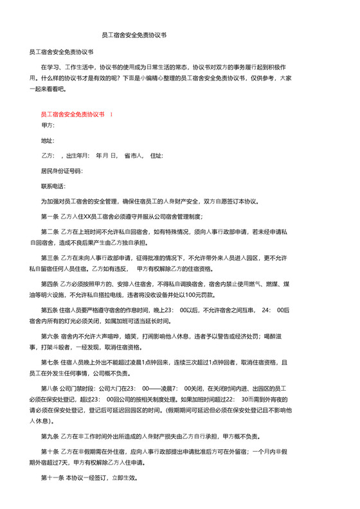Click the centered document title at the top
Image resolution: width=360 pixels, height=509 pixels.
pos(134,36)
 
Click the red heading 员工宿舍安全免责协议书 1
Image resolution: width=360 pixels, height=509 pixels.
pos(76,113)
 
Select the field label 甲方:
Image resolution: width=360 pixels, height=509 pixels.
pos(48,127)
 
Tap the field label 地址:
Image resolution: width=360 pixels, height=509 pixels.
pos(48,141)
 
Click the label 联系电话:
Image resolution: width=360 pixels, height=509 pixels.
pos(53,186)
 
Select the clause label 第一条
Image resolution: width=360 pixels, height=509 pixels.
pos(50,216)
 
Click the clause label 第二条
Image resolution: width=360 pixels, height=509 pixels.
pos(50,231)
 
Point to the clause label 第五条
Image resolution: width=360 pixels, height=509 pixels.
pos(50,310)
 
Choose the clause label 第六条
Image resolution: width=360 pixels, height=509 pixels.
pos(50,336)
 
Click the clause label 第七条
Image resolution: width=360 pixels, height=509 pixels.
pos(50,362)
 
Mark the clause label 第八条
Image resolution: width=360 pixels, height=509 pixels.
pos(50,389)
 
